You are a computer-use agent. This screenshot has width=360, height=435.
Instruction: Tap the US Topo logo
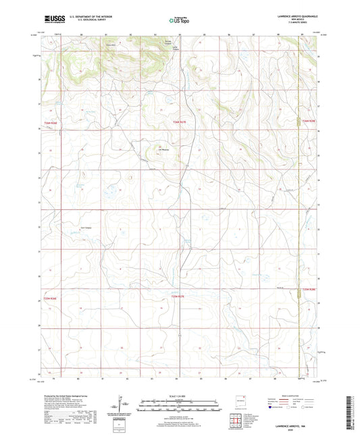(180, 20)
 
